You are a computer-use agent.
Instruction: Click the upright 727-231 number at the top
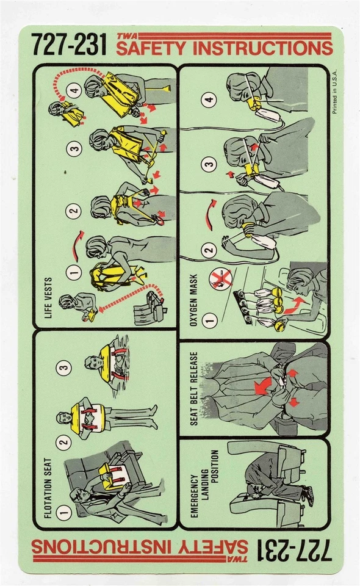[68, 45]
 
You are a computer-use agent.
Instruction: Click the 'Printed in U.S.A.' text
[334, 98]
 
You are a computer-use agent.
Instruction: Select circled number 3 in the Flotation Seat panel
[65, 367]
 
